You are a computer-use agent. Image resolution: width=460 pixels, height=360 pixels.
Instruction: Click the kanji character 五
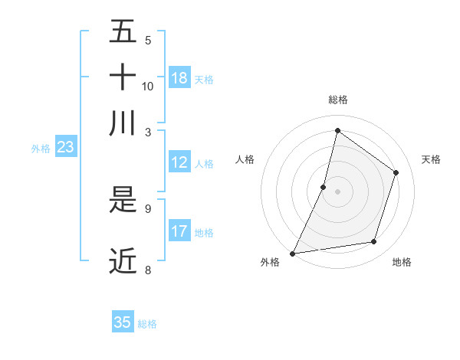[x=123, y=33]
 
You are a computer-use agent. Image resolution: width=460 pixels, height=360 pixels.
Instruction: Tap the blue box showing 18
[x=179, y=77]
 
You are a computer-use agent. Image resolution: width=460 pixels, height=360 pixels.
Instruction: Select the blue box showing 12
[x=179, y=162]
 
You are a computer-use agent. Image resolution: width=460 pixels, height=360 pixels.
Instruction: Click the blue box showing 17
[x=179, y=231]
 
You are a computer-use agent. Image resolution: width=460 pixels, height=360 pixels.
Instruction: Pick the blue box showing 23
[x=65, y=147]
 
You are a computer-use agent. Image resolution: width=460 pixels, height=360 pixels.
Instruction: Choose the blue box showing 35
[x=123, y=322]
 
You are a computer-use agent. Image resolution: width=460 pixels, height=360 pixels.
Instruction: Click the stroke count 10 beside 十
[x=148, y=86]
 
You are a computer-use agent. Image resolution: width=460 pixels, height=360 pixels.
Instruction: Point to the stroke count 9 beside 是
[x=147, y=207]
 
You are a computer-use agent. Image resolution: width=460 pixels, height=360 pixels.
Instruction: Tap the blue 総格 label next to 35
[x=147, y=324]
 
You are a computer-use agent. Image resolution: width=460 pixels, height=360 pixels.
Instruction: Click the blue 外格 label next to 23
[x=41, y=149]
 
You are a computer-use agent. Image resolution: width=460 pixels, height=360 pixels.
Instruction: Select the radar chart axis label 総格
[x=337, y=100]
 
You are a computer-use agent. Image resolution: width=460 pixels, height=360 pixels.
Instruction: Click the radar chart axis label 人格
[x=245, y=159]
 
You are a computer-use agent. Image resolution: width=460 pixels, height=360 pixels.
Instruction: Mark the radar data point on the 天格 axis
[x=396, y=172]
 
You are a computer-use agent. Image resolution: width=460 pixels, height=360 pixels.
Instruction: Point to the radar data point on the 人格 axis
[x=324, y=187]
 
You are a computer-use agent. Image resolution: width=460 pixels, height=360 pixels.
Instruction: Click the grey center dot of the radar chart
[x=337, y=191]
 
